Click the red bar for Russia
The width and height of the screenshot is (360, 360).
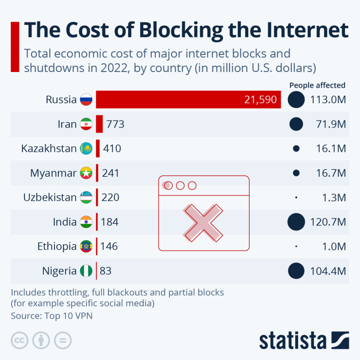click(188, 100)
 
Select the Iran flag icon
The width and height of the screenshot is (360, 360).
click(86, 124)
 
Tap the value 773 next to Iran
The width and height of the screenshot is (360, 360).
click(114, 124)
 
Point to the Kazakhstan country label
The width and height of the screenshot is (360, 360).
click(49, 148)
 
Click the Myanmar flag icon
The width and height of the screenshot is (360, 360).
click(86, 173)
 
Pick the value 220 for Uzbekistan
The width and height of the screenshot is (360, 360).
click(110, 198)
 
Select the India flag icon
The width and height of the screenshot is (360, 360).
click(86, 222)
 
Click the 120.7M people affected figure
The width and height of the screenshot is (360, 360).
click(328, 222)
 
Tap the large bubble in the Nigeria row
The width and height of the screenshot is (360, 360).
click(296, 271)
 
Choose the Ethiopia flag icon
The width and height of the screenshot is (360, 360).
click(86, 247)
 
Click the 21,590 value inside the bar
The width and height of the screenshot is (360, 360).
click(260, 100)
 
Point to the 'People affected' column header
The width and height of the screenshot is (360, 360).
click(317, 85)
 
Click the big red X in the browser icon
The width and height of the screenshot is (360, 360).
click(203, 222)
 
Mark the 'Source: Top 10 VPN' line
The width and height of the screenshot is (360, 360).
click(52, 316)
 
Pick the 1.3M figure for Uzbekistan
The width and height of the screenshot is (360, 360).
click(334, 198)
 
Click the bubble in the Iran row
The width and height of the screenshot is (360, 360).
click(296, 124)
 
